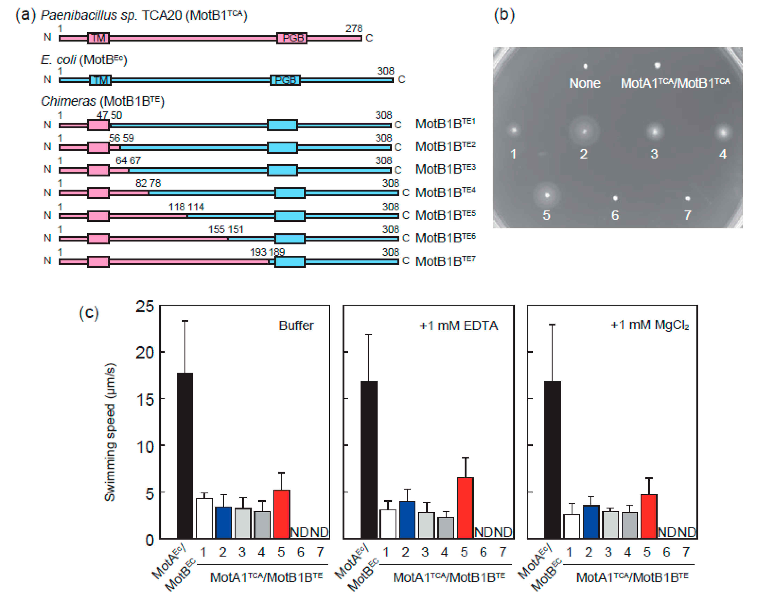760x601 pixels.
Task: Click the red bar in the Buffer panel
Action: click(x=282, y=514)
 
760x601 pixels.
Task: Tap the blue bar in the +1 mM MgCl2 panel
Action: click(x=591, y=521)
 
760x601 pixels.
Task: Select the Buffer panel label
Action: click(x=296, y=326)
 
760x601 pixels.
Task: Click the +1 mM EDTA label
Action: click(x=458, y=326)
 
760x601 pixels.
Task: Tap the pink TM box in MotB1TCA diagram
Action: click(x=98, y=38)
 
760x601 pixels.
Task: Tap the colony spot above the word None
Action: click(x=585, y=66)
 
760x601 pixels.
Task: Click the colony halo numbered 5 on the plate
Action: click(x=547, y=195)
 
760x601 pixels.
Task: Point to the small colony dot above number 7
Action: click(x=687, y=198)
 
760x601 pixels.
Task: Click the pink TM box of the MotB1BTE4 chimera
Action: click(x=98, y=193)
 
